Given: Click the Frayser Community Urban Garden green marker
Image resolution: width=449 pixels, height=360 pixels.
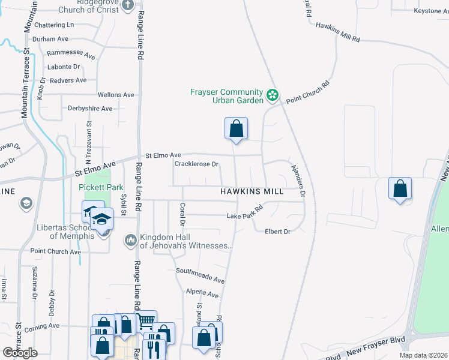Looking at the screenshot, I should [272, 95].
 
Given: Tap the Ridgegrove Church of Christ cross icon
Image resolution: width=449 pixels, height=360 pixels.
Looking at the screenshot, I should [127, 5].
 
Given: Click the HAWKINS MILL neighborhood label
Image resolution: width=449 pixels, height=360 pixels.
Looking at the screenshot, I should [252, 191].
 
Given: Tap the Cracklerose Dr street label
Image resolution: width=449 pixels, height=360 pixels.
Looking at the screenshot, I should [196, 164].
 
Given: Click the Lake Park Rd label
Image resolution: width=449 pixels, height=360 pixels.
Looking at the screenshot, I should [245, 213].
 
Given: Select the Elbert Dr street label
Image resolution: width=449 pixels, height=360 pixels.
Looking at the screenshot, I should [277, 232].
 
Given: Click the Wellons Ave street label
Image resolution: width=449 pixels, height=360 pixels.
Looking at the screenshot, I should [116, 95].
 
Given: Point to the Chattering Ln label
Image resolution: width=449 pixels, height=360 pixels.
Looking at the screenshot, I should [54, 25].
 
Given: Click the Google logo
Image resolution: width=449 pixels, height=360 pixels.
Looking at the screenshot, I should [20, 352].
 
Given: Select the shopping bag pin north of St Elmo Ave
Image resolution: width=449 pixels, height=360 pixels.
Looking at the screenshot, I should [237, 128].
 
